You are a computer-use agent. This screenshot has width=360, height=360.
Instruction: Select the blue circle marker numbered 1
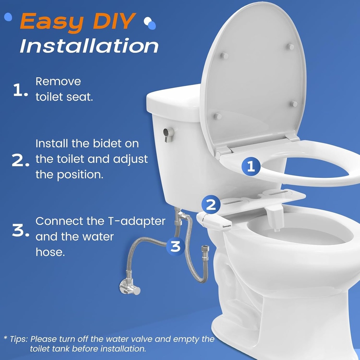[x=251, y=166]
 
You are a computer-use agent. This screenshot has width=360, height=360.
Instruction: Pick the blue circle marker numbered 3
[x=175, y=246]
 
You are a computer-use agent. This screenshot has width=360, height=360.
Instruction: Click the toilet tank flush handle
[x=168, y=134]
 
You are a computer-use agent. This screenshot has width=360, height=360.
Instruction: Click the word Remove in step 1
[x=58, y=82]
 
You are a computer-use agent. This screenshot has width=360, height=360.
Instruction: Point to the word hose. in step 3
[x=50, y=252]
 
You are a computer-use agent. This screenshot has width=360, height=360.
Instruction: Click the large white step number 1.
[x=19, y=91]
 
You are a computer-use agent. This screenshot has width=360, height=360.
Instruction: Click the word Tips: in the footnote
[x=19, y=339]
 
